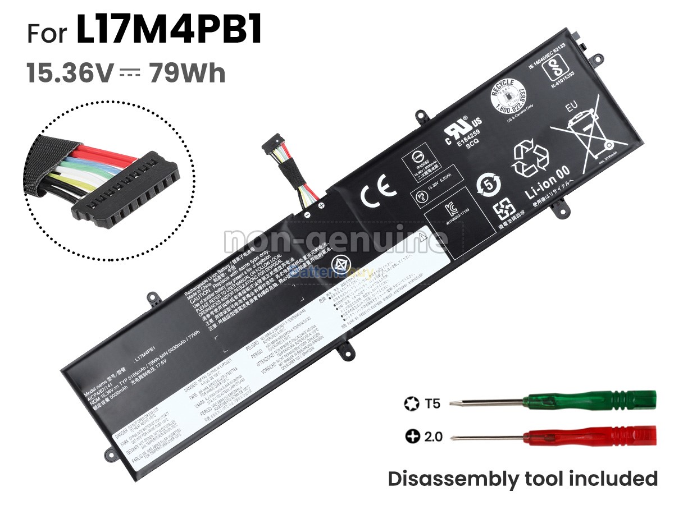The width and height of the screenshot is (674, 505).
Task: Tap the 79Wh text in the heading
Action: [x=187, y=74]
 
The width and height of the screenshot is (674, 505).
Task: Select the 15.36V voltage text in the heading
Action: [x=71, y=74]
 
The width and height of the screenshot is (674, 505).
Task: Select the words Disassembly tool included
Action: [x=522, y=479]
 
